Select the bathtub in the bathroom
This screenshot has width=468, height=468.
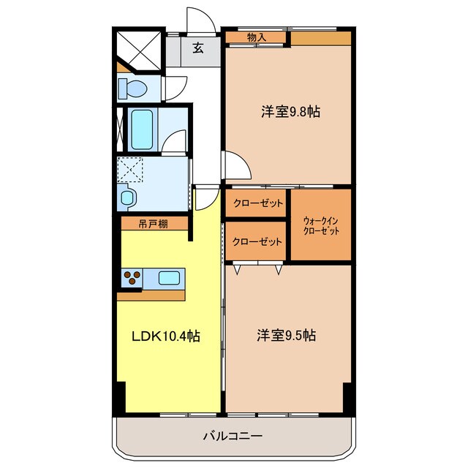tap(141, 127)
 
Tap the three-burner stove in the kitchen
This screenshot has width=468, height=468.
tap(131, 278)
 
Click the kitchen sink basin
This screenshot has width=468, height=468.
tap(169, 278)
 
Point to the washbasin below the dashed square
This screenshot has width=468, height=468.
tap(127, 197)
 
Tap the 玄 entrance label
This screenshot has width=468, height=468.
tap(197, 49)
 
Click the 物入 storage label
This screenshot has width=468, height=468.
tap(256, 37)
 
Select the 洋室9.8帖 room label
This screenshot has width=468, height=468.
tap(290, 112)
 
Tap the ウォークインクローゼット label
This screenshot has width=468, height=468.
tap(321, 225)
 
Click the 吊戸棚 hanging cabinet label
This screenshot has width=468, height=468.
tap(153, 224)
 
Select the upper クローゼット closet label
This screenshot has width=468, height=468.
tap(255, 204)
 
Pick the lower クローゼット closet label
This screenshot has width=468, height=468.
tap(255, 241)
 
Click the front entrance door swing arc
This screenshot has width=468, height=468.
tap(203, 20)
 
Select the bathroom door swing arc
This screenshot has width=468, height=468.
tap(174, 141)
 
